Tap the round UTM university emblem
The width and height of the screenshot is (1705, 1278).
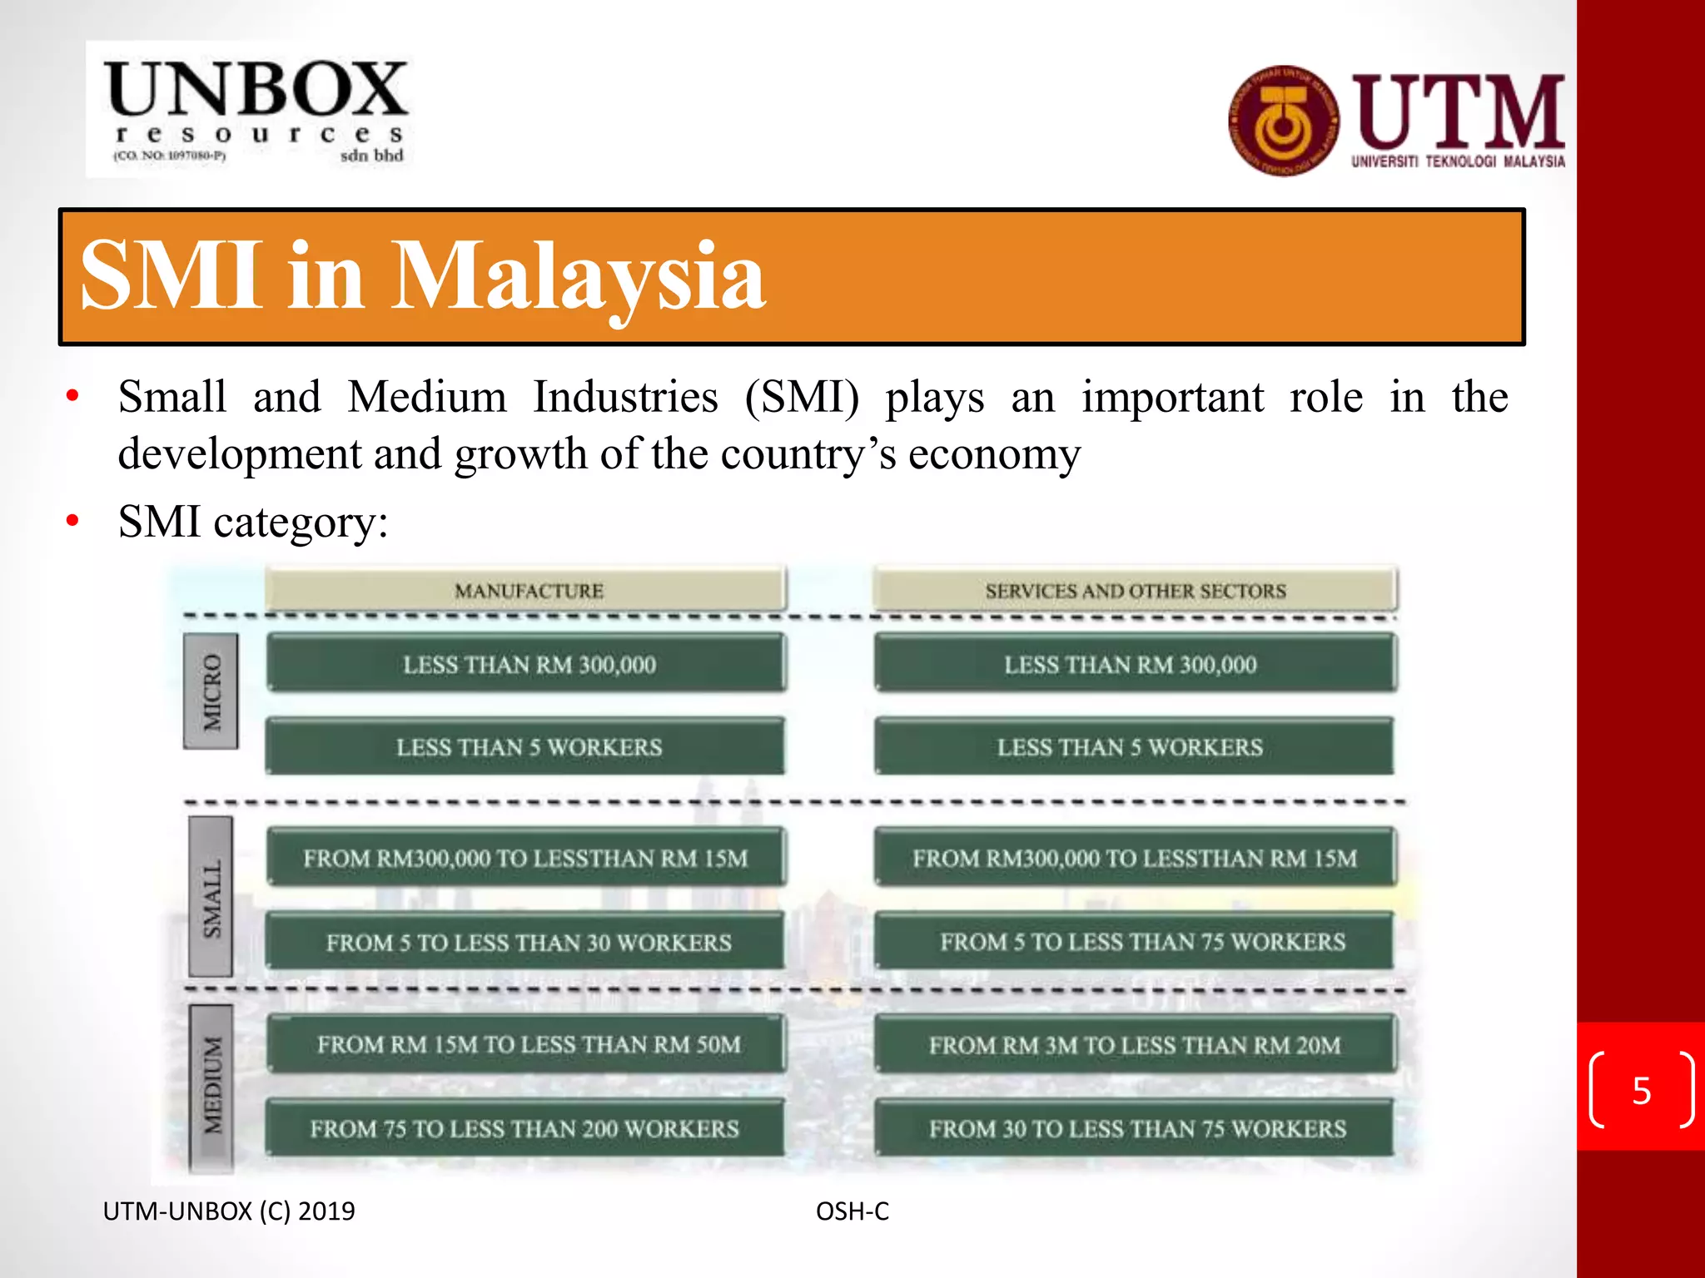pos(1284,121)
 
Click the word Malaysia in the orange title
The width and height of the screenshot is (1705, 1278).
pos(578,276)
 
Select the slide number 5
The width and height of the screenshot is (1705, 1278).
pos(1641,1090)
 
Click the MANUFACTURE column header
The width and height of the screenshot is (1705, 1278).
pos(528,591)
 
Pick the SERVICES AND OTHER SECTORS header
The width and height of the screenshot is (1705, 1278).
pos(1135,591)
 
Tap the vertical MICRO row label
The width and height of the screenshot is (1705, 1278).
pos(212,691)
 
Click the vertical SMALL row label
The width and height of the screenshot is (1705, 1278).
pos(211,897)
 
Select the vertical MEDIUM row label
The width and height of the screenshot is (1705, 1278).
pos(211,1086)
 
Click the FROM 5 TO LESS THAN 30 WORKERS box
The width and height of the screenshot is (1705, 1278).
pos(528,942)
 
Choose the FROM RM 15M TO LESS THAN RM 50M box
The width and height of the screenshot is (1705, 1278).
pos(528,1044)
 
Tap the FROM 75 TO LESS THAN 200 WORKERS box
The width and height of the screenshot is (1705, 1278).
pos(524,1128)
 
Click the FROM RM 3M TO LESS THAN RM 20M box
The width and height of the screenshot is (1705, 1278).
pos(1135,1044)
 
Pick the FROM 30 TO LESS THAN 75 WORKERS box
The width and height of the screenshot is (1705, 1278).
pos(1136,1128)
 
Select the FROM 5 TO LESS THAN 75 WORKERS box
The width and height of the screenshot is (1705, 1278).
pos(1141,942)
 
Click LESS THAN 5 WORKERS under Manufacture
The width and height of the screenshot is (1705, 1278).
pos(528,747)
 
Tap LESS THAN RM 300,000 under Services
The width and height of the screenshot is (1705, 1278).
pos(1130,664)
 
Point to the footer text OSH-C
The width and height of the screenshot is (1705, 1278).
pos(852,1211)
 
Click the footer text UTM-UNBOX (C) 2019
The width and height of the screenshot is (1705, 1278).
pos(229,1211)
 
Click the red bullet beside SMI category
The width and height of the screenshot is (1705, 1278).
pos(73,522)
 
